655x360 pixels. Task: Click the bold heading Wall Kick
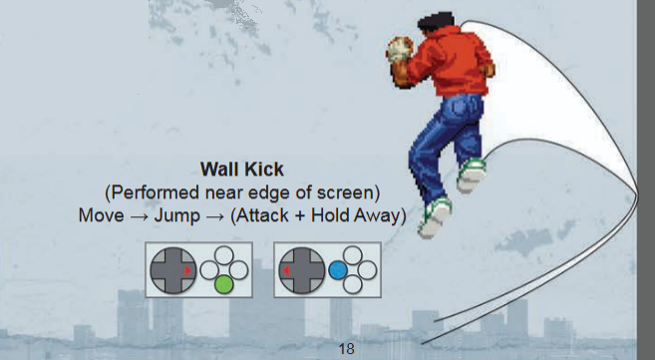pyautogui.click(x=242, y=170)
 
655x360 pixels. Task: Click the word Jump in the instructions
pyautogui.click(x=177, y=216)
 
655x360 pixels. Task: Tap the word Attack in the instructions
pyautogui.click(x=263, y=215)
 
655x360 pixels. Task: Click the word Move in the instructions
pyautogui.click(x=101, y=215)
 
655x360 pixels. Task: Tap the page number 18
pyautogui.click(x=346, y=348)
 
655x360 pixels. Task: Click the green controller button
pyautogui.click(x=224, y=285)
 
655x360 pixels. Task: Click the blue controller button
pyautogui.click(x=338, y=270)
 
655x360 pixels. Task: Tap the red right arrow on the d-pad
pyautogui.click(x=188, y=270)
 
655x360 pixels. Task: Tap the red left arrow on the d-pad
pyautogui.click(x=286, y=270)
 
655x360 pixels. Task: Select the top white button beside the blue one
pyautogui.click(x=353, y=255)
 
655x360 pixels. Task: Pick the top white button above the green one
pyautogui.click(x=224, y=255)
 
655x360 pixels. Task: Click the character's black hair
pyautogui.click(x=436, y=21)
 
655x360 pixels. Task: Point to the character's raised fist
pyautogui.click(x=400, y=50)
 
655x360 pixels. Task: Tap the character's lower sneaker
pyautogui.click(x=435, y=217)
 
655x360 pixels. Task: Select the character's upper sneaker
pyautogui.click(x=472, y=175)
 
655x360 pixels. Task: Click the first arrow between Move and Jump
pyautogui.click(x=139, y=216)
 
